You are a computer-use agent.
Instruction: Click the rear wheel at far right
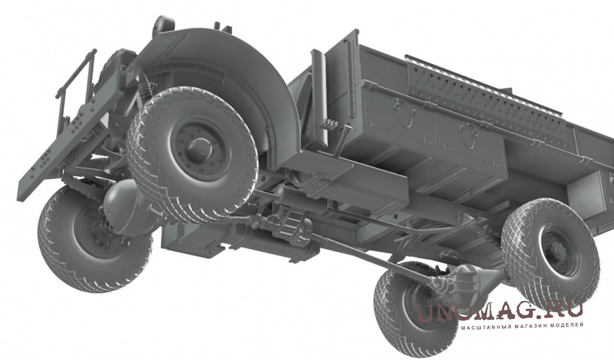pyautogui.click(x=551, y=253)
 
